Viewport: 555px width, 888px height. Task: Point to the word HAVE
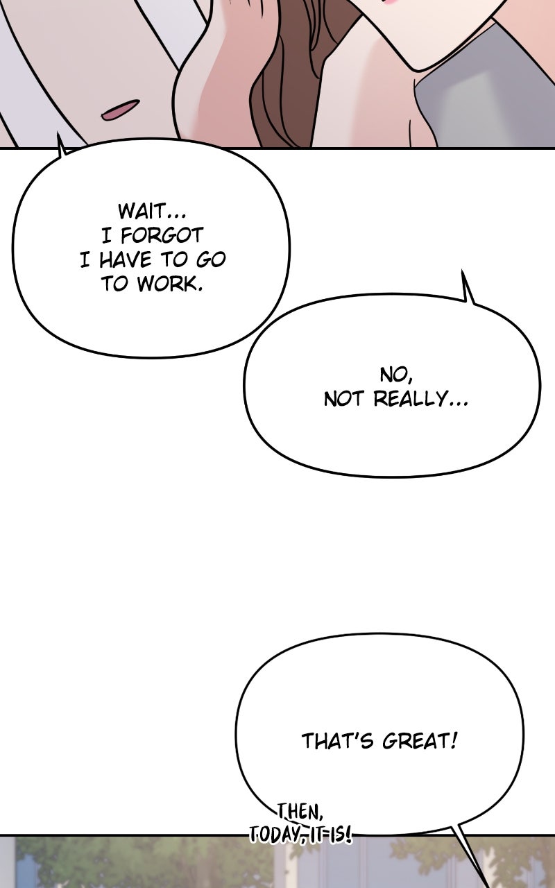pos(125,260)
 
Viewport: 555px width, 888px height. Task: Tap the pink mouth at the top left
pos(119,110)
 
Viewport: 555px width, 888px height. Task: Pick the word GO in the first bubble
pos(211,260)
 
